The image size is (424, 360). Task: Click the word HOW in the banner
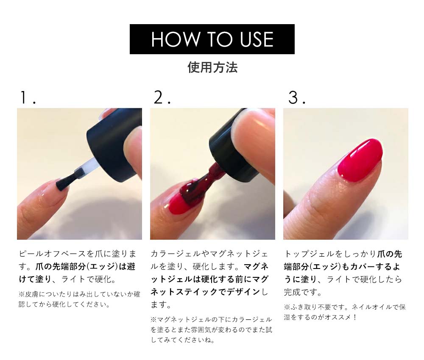point(175,39)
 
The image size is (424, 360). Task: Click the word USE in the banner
point(257,39)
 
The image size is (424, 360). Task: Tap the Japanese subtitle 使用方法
point(212,67)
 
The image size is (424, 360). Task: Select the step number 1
point(28,97)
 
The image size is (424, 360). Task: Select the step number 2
point(162,97)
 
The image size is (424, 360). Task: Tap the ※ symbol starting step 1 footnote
point(22,294)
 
